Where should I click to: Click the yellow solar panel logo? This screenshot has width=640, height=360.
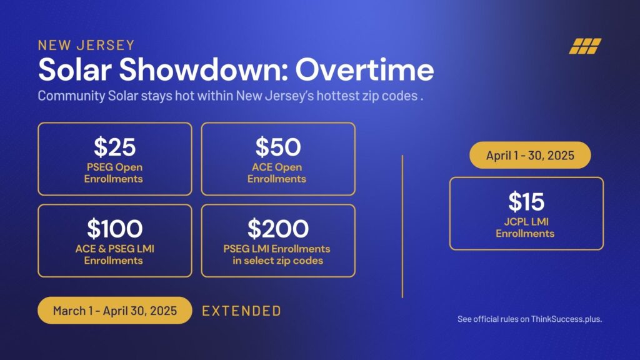[x=585, y=46]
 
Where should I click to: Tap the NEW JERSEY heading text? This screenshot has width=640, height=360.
[x=86, y=45]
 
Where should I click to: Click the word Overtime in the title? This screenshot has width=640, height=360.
[x=364, y=69]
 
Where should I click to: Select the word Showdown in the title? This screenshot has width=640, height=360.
[x=203, y=69]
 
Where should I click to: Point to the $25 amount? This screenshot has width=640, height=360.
[x=115, y=147]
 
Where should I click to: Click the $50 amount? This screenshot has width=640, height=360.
[x=278, y=147]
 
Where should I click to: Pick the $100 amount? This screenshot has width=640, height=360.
[x=115, y=229]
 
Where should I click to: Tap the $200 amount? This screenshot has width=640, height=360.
[x=278, y=229]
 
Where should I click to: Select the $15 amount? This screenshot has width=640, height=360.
[x=526, y=202]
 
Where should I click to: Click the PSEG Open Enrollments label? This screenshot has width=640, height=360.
[x=114, y=173]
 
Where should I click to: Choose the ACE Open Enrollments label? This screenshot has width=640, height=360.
[x=277, y=173]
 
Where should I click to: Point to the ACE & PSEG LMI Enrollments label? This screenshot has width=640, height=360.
[x=115, y=255]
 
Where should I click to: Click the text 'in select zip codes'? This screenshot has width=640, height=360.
[x=278, y=261]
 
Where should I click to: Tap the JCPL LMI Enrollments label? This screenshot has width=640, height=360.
[x=525, y=227]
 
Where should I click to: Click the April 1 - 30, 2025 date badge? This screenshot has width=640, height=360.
[x=530, y=155]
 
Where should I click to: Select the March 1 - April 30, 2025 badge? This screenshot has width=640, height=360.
[x=115, y=311]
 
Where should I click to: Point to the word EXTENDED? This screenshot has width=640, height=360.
[x=242, y=311]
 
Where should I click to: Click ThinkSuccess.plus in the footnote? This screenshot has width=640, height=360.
[x=566, y=319]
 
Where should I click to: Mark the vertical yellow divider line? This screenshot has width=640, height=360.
[x=402, y=226]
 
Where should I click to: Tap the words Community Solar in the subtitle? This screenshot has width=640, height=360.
[x=71, y=96]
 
